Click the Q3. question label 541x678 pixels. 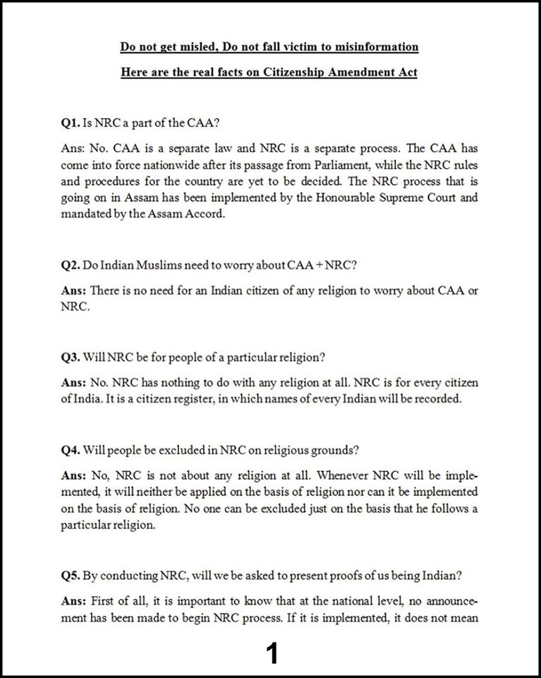[71, 357]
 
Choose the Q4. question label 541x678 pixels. [71, 448]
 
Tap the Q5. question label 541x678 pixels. [71, 575]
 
